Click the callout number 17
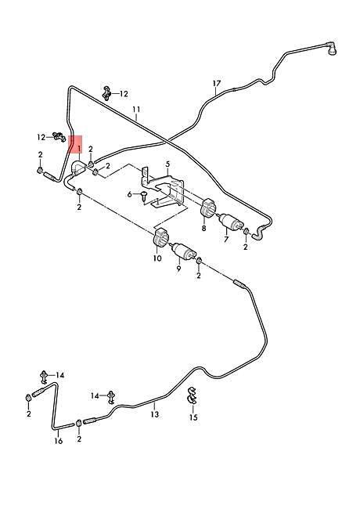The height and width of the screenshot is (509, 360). click(x=217, y=84)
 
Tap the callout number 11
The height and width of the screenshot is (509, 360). click(x=136, y=110)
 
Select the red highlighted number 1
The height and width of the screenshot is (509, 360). click(x=78, y=149)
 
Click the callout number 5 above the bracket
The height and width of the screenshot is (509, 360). click(x=167, y=164)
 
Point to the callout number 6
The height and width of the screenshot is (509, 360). click(x=130, y=194)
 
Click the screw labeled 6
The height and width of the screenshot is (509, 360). click(x=144, y=196)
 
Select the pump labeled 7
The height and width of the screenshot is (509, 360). click(x=231, y=222)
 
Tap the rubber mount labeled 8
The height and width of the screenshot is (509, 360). click(x=208, y=209)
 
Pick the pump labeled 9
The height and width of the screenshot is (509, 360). click(x=185, y=250)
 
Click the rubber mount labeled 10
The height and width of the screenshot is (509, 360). click(x=160, y=239)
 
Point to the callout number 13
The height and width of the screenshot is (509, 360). click(x=155, y=414)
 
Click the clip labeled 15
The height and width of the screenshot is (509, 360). click(x=192, y=395)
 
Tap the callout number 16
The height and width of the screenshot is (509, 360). click(x=59, y=441)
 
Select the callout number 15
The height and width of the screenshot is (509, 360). click(x=193, y=417)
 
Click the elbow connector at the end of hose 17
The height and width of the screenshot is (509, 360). click(x=332, y=49)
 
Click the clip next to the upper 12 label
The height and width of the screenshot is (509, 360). click(x=106, y=93)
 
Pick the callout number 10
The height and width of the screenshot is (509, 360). click(x=157, y=258)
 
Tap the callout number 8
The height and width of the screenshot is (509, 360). click(x=203, y=229)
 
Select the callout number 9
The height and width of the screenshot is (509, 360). click(x=178, y=269)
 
